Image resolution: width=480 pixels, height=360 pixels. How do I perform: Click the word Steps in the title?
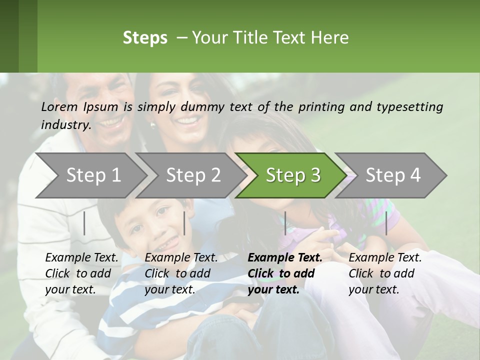click(x=145, y=38)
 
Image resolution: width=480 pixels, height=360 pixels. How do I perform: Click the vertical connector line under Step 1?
click(x=84, y=223)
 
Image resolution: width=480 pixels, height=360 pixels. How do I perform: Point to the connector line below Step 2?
click(x=184, y=223)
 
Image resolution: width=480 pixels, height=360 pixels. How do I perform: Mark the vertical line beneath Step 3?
click(x=285, y=223)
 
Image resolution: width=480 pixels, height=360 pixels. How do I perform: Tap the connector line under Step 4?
click(x=386, y=223)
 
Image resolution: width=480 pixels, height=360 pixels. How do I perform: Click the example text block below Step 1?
click(x=81, y=273)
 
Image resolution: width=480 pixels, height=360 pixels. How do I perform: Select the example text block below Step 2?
click(x=181, y=273)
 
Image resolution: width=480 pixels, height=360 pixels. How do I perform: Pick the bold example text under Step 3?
click(x=285, y=273)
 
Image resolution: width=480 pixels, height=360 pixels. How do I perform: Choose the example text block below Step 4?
click(x=385, y=273)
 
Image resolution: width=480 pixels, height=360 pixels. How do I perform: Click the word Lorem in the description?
click(x=59, y=106)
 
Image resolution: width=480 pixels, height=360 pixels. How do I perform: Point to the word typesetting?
click(x=413, y=106)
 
